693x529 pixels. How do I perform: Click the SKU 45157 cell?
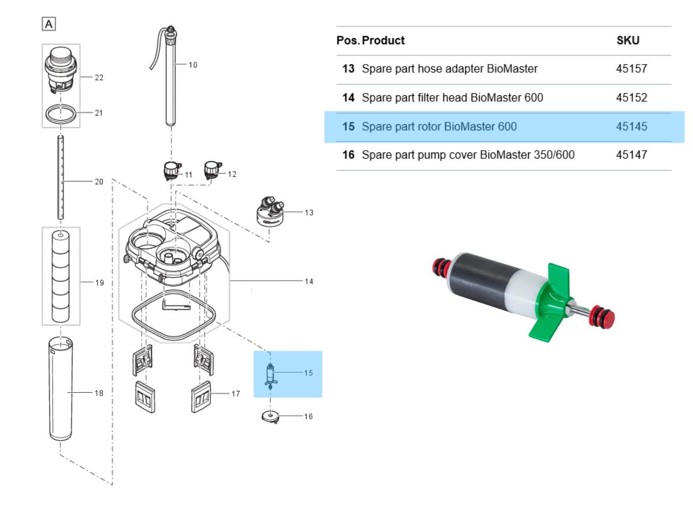pyautogui.click(x=631, y=69)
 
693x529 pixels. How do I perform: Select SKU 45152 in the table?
pyautogui.click(x=631, y=98)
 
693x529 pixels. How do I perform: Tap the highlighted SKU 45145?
pyautogui.click(x=631, y=126)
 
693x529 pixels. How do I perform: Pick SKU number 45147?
pyautogui.click(x=631, y=155)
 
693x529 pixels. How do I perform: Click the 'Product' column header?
pyautogui.click(x=383, y=40)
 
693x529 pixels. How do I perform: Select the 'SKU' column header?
pyautogui.click(x=628, y=40)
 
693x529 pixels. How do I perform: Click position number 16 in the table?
pyautogui.click(x=348, y=155)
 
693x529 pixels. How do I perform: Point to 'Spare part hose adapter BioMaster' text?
pyautogui.click(x=449, y=69)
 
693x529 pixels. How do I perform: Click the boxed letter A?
pyautogui.click(x=49, y=24)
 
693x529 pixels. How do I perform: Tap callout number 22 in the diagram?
pyautogui.click(x=99, y=77)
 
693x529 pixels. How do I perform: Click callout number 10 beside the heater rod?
pyautogui.click(x=193, y=65)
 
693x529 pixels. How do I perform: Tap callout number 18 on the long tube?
pyautogui.click(x=99, y=393)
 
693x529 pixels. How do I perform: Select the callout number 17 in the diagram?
pyautogui.click(x=236, y=394)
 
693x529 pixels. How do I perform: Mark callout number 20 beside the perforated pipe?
pyautogui.click(x=99, y=181)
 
